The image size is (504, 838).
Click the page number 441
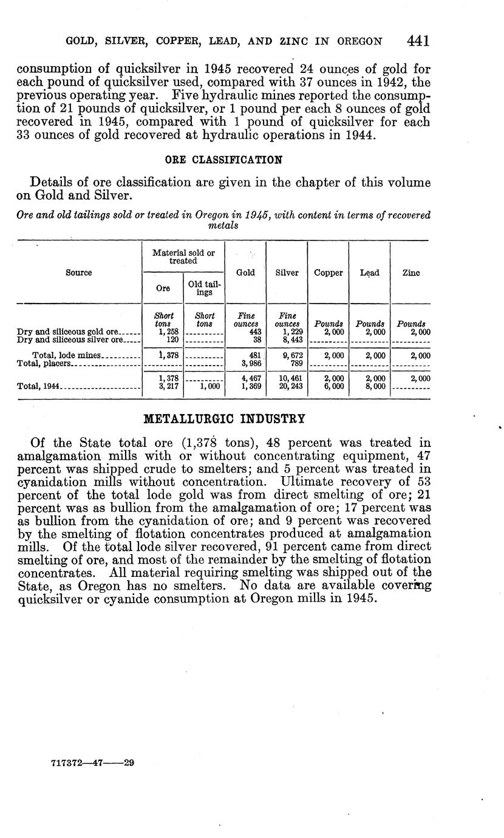(x=418, y=41)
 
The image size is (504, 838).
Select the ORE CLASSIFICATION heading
(x=224, y=160)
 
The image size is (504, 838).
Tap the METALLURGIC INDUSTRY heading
(x=223, y=418)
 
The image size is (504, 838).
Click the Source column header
(x=79, y=273)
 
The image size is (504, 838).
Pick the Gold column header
(x=245, y=273)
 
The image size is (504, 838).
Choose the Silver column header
(x=287, y=273)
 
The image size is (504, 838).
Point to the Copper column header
(x=328, y=273)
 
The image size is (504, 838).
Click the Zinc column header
(x=410, y=273)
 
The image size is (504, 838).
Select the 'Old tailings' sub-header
(x=204, y=288)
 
